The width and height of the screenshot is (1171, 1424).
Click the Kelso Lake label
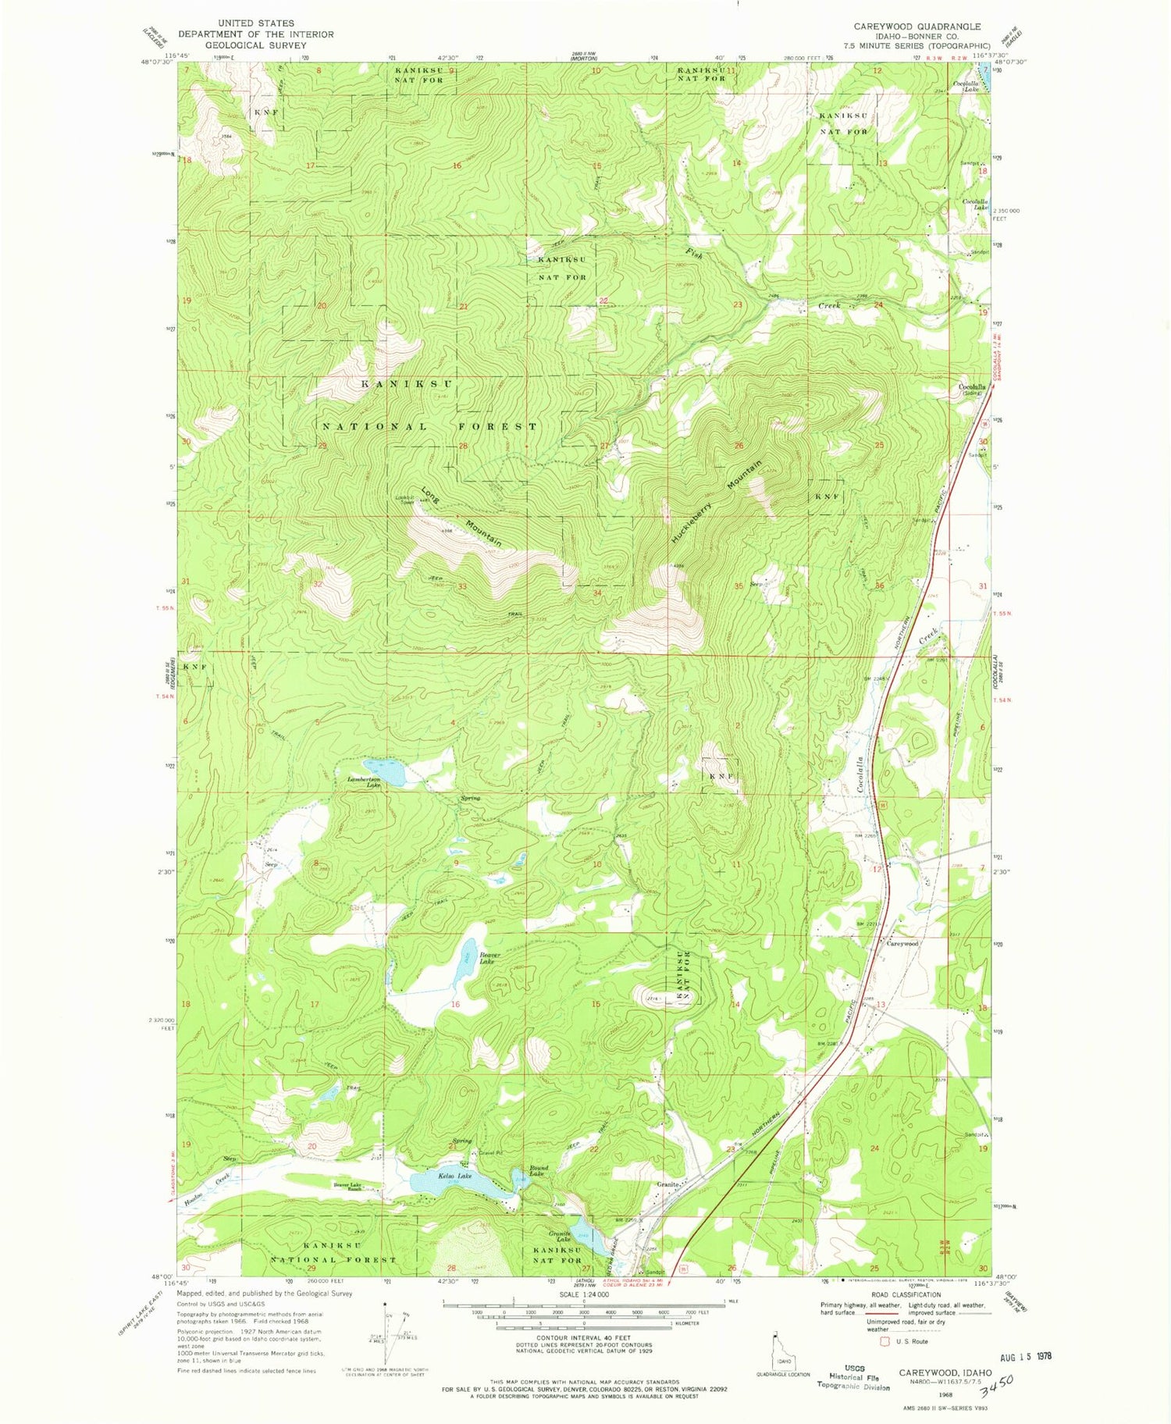point(454,1175)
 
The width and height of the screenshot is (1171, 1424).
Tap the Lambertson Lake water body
point(384,771)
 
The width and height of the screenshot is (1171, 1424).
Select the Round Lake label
point(538,1170)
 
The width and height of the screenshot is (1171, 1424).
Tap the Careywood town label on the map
point(902,943)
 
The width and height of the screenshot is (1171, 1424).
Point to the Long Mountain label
point(461,517)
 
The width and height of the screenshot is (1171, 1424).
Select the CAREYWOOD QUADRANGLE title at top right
point(917,27)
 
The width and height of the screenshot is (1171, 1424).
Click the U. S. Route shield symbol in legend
point(884,1341)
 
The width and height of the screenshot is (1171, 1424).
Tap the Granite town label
point(667,1184)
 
